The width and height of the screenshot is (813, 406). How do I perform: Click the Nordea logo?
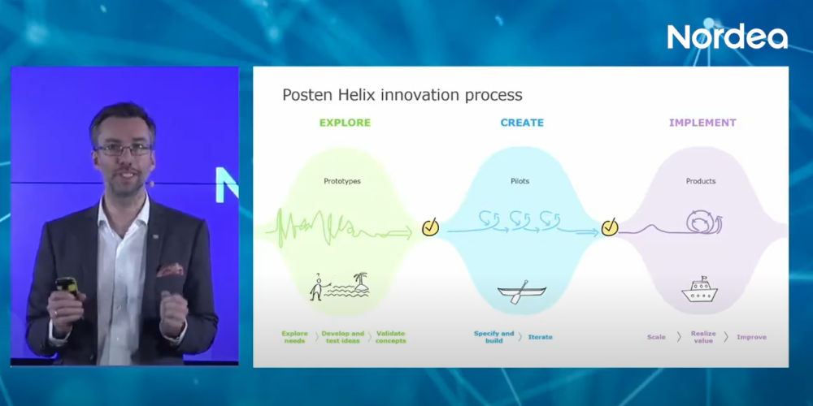[727, 37]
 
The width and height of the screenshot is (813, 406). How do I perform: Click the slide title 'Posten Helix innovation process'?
[402, 95]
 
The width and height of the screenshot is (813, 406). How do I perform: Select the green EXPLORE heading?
[345, 123]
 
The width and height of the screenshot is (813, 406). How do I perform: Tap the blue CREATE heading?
[522, 123]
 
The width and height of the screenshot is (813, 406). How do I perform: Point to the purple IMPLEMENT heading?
[702, 123]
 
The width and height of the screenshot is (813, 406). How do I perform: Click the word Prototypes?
[342, 181]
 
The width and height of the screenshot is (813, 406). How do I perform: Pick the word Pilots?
[520, 181]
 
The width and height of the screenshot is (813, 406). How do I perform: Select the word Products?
[700, 181]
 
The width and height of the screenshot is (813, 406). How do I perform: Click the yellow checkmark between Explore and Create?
[430, 227]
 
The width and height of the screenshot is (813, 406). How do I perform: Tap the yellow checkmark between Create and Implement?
[609, 227]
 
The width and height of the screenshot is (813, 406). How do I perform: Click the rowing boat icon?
[513, 291]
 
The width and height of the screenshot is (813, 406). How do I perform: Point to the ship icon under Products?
[698, 291]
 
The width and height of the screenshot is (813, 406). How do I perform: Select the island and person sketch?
[339, 287]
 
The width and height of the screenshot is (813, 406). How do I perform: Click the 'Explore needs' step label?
[295, 337]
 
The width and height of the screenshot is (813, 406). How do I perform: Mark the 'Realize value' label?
[703, 337]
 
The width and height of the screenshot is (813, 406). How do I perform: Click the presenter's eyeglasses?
[124, 149]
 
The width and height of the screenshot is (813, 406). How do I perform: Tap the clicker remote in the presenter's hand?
[65, 288]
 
